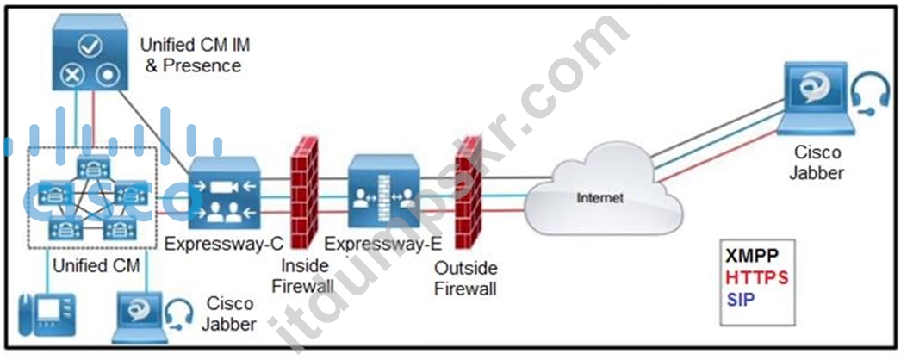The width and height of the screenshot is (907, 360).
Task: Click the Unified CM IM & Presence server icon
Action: [x=90, y=53]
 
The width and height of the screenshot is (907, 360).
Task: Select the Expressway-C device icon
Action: [x=225, y=193]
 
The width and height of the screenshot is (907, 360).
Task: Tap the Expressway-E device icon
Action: [x=384, y=191]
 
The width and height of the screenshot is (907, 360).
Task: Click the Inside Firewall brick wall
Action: [x=304, y=192]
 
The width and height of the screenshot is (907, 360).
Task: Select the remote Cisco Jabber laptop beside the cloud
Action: [x=816, y=99]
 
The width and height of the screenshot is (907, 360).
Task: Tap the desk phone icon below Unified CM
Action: [x=47, y=314]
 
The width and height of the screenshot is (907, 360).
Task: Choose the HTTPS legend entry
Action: [x=757, y=278]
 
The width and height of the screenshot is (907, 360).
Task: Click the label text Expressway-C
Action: [x=224, y=244]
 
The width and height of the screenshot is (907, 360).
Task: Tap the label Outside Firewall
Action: [x=466, y=278]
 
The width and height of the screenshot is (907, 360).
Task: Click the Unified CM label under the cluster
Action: [x=96, y=265]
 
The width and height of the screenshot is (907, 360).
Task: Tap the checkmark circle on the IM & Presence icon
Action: [x=90, y=47]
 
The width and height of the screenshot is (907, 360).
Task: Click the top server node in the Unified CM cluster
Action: [x=93, y=168]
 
